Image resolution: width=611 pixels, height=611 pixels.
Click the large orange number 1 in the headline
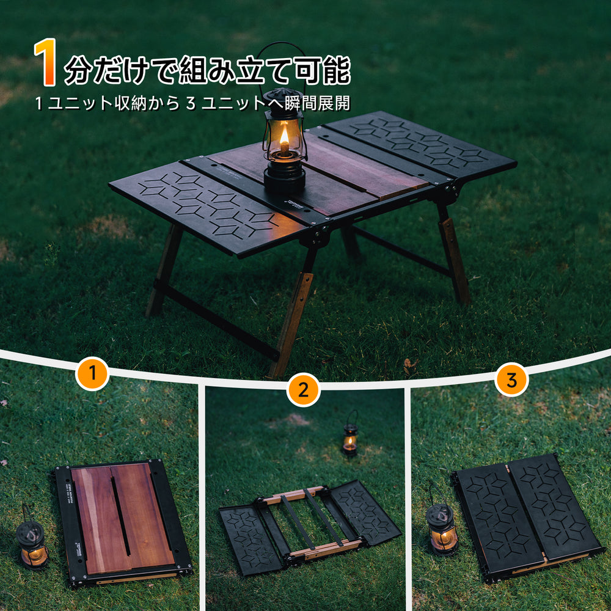[x=46, y=62]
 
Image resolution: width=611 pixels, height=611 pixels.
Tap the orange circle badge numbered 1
[x=92, y=373]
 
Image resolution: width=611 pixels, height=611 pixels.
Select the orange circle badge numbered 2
[x=303, y=390]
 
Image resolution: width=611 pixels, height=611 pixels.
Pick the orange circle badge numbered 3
[x=511, y=379]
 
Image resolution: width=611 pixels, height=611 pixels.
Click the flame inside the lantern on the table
[x=285, y=136]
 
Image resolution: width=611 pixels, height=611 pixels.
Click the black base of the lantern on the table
[x=285, y=179]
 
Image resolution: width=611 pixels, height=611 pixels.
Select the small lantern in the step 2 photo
[x=350, y=434]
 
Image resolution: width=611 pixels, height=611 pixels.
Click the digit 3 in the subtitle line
[x=191, y=104]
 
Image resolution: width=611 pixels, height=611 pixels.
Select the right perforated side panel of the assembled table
[x=422, y=146]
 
